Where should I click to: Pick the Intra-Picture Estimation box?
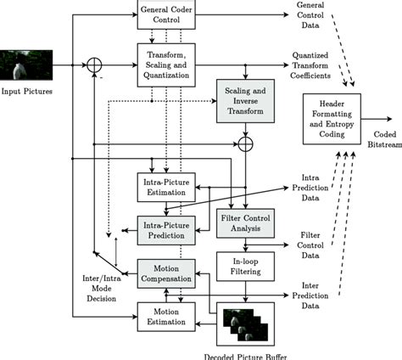[166, 186]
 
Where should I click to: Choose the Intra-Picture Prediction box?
[166, 228]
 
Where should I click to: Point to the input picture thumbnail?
[26, 65]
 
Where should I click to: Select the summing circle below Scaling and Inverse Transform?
[245, 146]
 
